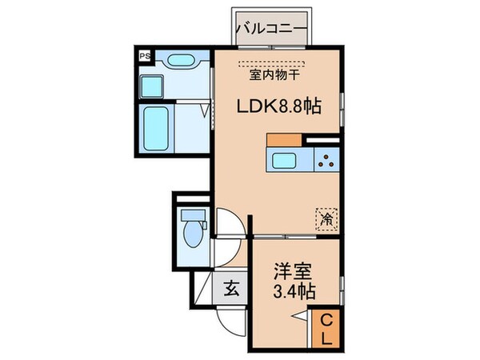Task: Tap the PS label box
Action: coord(145,56)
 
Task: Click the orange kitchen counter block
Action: coord(283,140)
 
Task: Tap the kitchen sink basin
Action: coord(286,160)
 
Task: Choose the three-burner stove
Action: coord(326,160)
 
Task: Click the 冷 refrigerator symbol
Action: coord(326,217)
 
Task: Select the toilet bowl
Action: coord(192,235)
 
